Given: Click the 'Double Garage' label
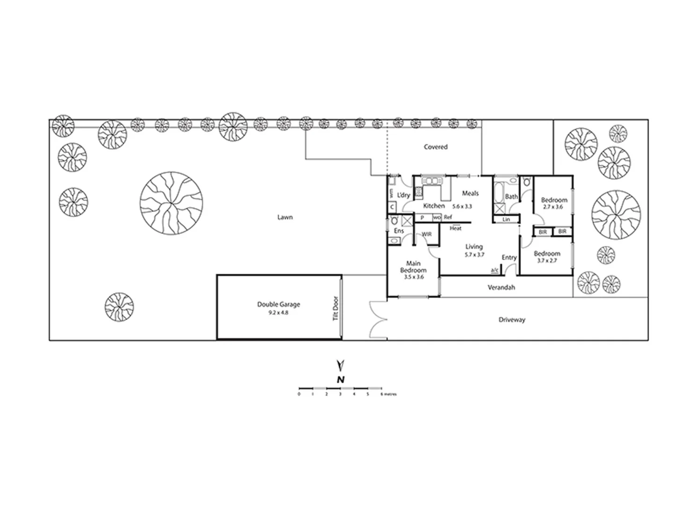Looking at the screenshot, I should point(278,304).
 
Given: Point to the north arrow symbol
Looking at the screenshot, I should point(341,365).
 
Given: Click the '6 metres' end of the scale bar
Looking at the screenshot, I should point(388,394).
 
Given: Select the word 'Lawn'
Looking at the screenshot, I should point(285,217).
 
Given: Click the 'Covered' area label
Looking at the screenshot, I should point(435,147).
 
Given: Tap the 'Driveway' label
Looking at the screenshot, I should point(512,320).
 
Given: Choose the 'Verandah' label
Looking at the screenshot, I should point(501,287).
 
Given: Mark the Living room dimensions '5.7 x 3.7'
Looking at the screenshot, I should point(474,255).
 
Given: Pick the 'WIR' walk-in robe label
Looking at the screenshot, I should point(426,234).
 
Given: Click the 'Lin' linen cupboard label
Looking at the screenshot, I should point(506,219).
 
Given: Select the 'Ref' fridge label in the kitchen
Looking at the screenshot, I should point(448,218).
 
